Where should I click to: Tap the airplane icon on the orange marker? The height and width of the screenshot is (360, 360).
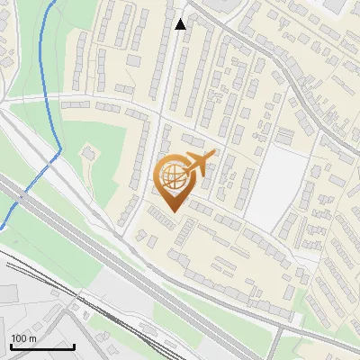(198, 164)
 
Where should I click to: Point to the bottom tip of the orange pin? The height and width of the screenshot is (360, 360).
(173, 212)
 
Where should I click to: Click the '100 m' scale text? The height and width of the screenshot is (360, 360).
(23, 338)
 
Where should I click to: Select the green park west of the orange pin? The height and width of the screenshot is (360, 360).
(103, 175)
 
